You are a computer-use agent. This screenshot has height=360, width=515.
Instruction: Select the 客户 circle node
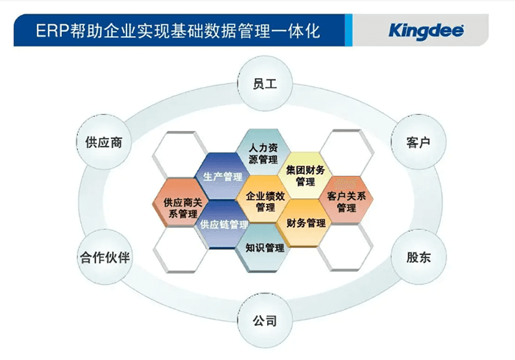(x=418, y=141)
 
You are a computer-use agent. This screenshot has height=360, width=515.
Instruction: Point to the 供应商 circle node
(x=104, y=141)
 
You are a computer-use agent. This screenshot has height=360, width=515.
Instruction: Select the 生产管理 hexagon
(x=222, y=177)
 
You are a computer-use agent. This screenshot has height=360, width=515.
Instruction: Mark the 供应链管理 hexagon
(x=223, y=225)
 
